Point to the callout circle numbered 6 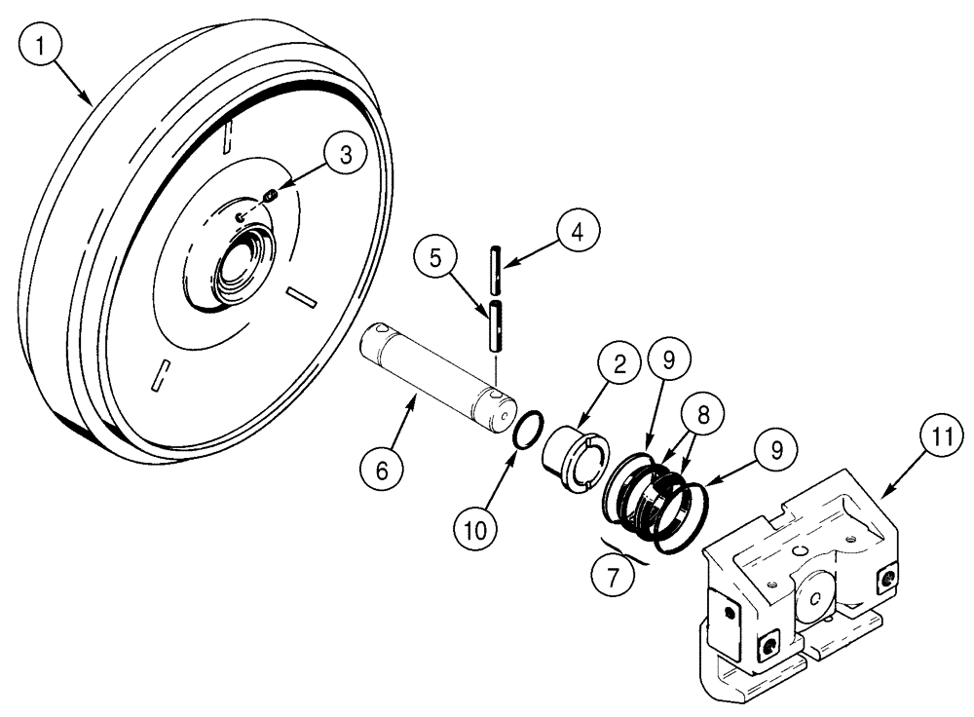tap(381, 471)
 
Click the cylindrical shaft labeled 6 tap(438, 374)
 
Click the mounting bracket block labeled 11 tap(799, 594)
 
